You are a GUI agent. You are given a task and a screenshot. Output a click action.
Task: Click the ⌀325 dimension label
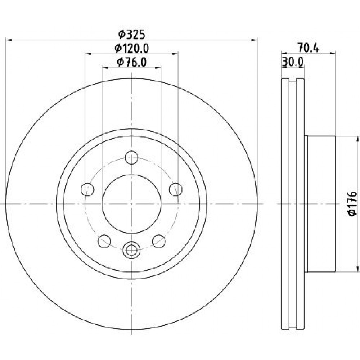pos(132,35)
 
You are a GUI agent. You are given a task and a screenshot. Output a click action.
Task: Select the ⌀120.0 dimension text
pos(132,48)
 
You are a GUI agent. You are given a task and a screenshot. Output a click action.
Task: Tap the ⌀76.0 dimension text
pos(131,62)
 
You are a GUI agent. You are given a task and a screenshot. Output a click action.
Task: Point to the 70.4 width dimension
pos(309,48)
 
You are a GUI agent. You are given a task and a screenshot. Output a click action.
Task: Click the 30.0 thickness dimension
pos(293,62)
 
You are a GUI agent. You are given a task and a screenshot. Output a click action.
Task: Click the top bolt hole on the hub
pos(131,158)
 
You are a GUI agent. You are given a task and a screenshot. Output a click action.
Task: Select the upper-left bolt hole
pos(87,189)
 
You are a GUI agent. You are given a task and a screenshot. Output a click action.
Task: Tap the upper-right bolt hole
pos(176,189)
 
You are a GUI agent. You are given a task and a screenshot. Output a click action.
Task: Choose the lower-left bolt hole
pos(104,241)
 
